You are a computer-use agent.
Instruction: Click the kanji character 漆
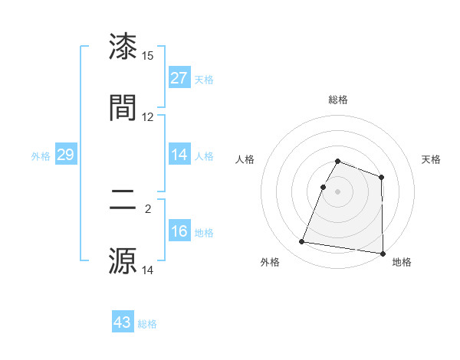tap(123, 47)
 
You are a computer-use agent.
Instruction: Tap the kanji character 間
tap(123, 107)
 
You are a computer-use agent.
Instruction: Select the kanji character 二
tap(123, 201)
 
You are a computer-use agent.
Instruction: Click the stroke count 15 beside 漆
tap(148, 56)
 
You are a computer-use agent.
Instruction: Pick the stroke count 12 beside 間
tap(148, 117)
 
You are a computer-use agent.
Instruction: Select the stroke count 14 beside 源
tap(148, 270)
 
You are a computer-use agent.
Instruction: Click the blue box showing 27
tap(179, 78)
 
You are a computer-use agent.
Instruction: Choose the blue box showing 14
tap(179, 155)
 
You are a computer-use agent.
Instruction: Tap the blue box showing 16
tap(179, 231)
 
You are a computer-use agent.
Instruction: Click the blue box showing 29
tap(66, 155)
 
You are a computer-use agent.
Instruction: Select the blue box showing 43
tap(123, 322)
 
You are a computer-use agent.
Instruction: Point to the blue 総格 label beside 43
tap(147, 324)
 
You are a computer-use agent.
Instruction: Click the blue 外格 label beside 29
tap(41, 156)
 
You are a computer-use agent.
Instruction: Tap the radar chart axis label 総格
tap(338, 100)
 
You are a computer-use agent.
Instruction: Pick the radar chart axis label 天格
tap(431, 159)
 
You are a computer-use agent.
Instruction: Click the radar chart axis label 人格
tap(245, 159)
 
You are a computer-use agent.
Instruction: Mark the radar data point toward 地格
tap(383, 254)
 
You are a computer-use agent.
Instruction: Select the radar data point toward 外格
tap(302, 242)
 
